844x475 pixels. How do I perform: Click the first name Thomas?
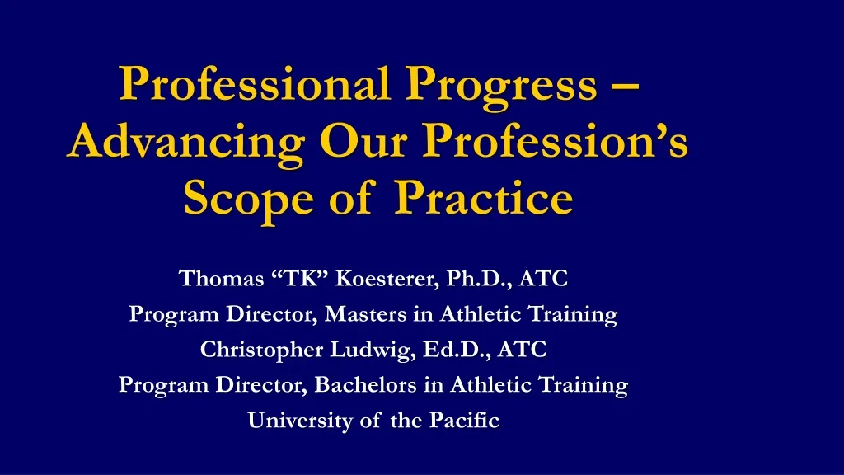(220, 279)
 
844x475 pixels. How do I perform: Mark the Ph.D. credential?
(476, 279)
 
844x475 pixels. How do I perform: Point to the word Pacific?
(465, 421)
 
